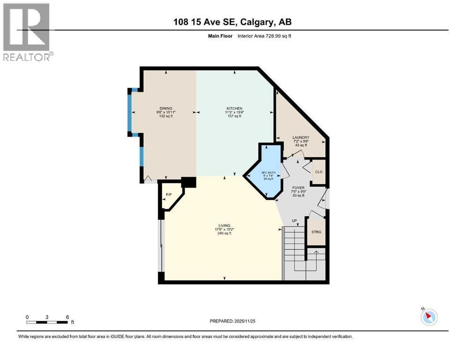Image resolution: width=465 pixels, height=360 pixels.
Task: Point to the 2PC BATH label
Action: (268, 172)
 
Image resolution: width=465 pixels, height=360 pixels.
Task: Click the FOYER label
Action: (298, 187)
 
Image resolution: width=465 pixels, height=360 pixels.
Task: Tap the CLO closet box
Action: (318, 172)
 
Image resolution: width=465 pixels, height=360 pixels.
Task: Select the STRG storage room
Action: (316, 232)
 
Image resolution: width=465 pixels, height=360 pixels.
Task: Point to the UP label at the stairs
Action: (294, 220)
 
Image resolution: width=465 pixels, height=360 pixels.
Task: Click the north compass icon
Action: (429, 317)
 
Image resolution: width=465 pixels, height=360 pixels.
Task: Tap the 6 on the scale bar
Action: (67, 317)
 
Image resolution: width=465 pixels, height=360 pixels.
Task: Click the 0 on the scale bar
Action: (27, 317)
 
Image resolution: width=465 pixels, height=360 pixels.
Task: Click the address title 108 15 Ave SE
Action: (232, 22)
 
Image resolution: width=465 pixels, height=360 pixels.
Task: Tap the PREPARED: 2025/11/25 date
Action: (232, 321)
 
